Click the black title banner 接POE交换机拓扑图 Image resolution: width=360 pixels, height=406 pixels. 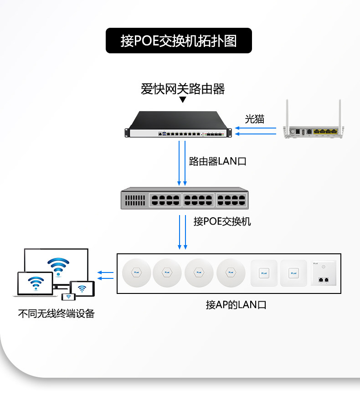tap(179, 41)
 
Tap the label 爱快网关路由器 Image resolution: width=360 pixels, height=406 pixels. tap(183, 89)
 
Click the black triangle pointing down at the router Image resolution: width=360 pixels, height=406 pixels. tap(183, 100)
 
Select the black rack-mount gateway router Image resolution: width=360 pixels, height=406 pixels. tap(178, 124)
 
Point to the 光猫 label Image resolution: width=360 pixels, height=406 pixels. tap(255, 119)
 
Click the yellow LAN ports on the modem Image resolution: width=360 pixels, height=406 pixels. tap(325, 132)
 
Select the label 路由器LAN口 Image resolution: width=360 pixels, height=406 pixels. tap(217, 161)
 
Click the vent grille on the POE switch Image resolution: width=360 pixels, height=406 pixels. tap(135, 200)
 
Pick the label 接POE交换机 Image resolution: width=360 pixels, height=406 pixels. tap(222, 221)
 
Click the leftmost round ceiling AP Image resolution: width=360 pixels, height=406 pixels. tap(137, 272)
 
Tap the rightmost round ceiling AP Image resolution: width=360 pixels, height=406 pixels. tap(231, 272)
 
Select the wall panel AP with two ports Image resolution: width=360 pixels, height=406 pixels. tap(324, 273)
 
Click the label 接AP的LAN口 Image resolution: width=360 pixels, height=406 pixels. tap(236, 305)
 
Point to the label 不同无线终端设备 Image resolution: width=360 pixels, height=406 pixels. tap(56, 313)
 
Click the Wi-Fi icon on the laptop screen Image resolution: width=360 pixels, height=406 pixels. tap(36, 283)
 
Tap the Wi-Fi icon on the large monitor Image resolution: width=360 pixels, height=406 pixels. tap(58, 266)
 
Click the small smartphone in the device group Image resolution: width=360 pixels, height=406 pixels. tap(68, 297)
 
